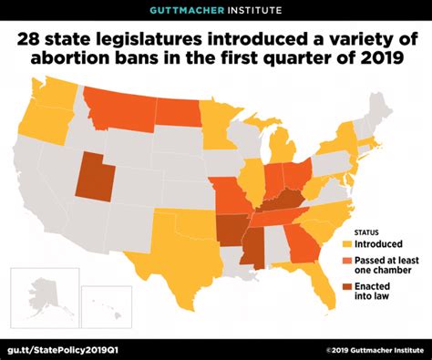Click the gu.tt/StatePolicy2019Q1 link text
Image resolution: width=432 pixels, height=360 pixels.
(x=64, y=346)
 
